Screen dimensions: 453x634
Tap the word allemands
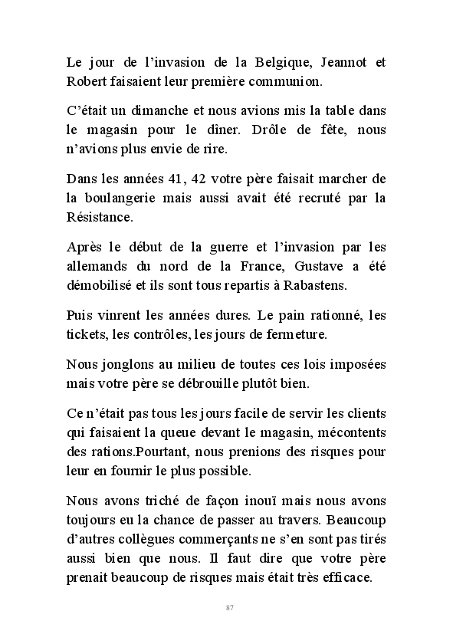tap(96, 267)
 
